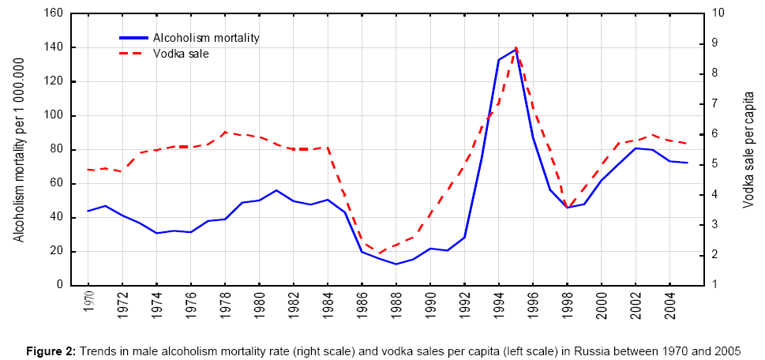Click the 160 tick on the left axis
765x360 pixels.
(53, 13)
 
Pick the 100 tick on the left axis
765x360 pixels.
(53, 115)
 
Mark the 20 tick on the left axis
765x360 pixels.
(56, 252)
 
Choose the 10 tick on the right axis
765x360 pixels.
(718, 13)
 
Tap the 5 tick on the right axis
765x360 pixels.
(715, 164)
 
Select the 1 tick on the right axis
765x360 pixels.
(715, 285)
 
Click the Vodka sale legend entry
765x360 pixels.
(181, 54)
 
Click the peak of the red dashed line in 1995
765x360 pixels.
(516, 47)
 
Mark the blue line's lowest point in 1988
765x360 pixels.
(396, 264)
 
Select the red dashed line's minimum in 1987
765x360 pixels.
(379, 254)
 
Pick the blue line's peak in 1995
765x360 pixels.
(516, 50)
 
